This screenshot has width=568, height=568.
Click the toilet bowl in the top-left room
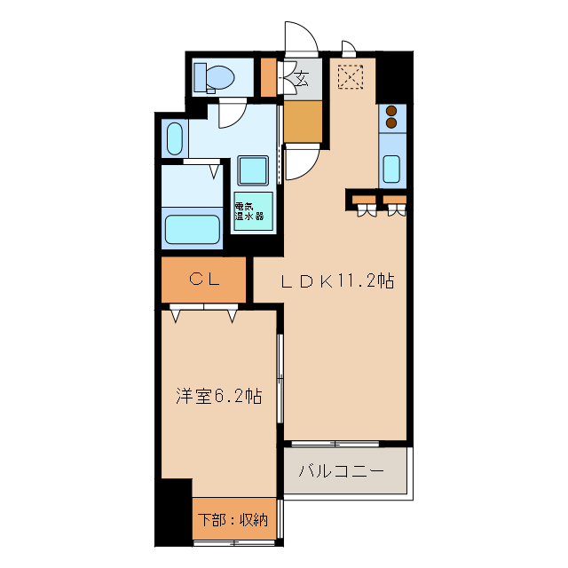click(217, 77)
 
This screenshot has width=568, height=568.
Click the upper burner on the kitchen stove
click(391, 111)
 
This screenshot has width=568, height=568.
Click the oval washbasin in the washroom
click(174, 138)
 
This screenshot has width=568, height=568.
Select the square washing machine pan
click(253, 170)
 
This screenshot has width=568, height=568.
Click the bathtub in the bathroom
click(193, 229)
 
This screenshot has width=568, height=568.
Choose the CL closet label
click(203, 279)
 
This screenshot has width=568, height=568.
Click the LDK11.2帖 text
click(337, 281)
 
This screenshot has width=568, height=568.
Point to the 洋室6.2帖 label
click(217, 396)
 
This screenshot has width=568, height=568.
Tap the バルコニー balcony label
click(342, 470)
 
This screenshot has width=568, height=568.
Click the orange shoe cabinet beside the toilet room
click(268, 77)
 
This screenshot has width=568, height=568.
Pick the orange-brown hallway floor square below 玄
click(304, 122)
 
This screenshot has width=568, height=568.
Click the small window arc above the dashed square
click(349, 47)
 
